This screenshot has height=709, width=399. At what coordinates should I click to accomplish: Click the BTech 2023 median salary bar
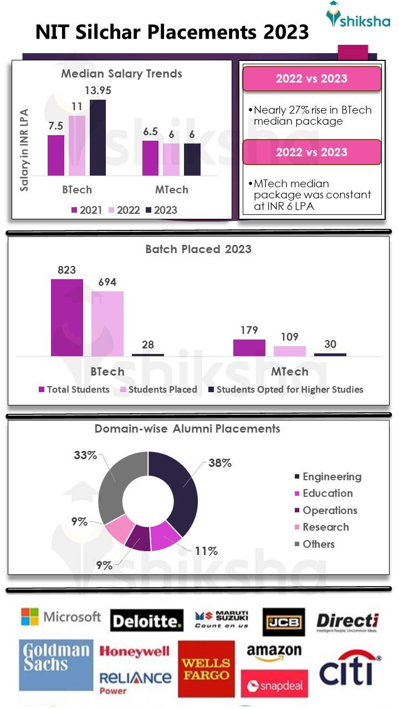click(98, 138)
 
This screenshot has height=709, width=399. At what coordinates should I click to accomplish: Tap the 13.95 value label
click(98, 90)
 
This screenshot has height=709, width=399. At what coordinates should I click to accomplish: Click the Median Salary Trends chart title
click(121, 74)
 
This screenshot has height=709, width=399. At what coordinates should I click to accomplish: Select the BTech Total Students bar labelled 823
click(67, 317)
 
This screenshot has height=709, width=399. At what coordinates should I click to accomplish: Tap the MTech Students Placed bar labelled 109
click(290, 351)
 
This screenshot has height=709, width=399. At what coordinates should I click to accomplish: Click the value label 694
click(108, 282)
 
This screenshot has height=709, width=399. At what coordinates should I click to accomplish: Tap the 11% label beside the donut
click(206, 551)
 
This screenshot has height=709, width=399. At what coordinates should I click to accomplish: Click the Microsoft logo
click(60, 616)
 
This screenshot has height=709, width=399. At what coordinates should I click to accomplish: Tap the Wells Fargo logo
click(206, 669)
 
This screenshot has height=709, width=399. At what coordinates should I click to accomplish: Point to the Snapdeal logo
click(274, 686)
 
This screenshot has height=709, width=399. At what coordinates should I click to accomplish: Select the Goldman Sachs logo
click(56, 665)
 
